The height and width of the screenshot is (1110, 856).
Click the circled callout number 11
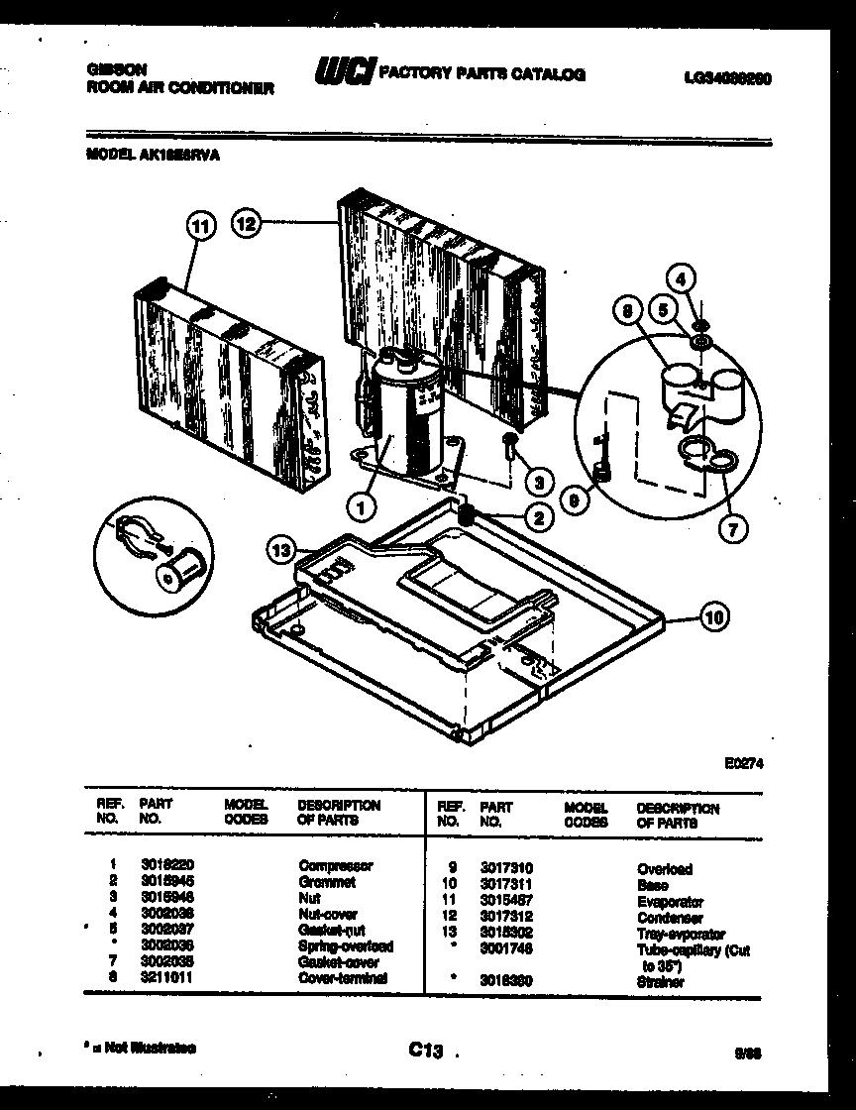pos(201,226)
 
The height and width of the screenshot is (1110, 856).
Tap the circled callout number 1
pos(363,508)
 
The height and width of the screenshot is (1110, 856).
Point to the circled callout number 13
pos(282,548)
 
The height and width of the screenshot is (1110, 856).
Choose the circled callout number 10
pos(713,617)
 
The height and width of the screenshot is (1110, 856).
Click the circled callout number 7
pos(732,528)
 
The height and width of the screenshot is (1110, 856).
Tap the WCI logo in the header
pos(344,72)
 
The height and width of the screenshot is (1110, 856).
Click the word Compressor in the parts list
pos(335,865)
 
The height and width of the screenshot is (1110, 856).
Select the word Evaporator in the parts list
pos(670,902)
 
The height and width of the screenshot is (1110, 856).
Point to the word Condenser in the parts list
pos(670,918)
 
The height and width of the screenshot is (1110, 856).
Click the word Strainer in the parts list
pos(661,982)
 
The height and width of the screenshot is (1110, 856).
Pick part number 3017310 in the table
pos(506,867)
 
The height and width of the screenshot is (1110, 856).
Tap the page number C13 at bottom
pos(423,1050)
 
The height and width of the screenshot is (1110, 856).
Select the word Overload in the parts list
pos(665,869)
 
